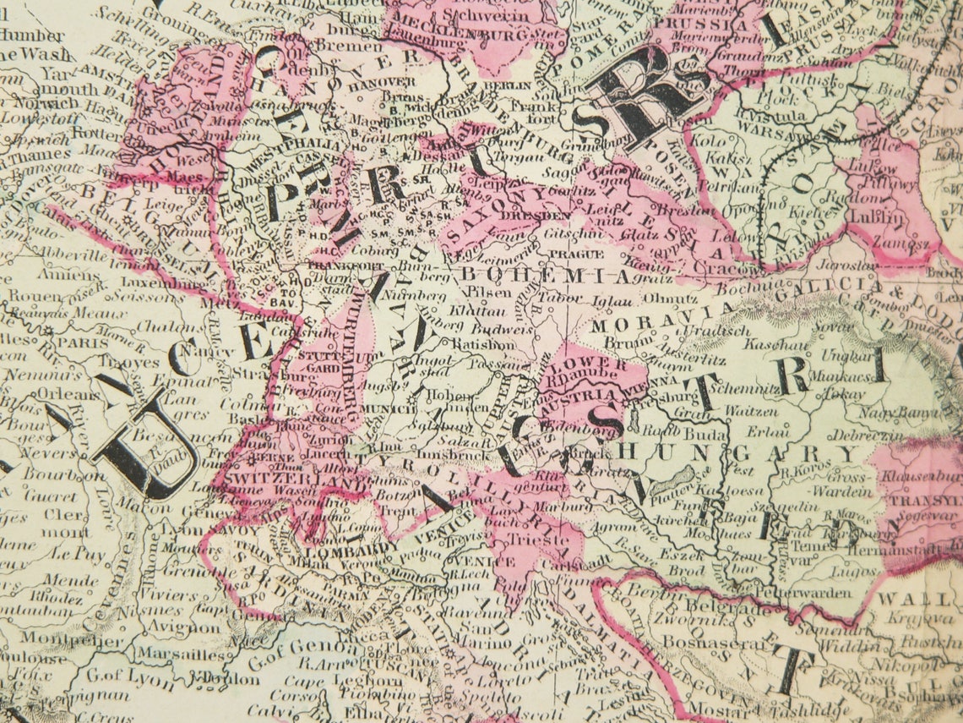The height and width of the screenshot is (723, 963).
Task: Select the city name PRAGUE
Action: tap(576, 254)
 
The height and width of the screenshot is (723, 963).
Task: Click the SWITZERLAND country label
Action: tap(264, 478)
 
